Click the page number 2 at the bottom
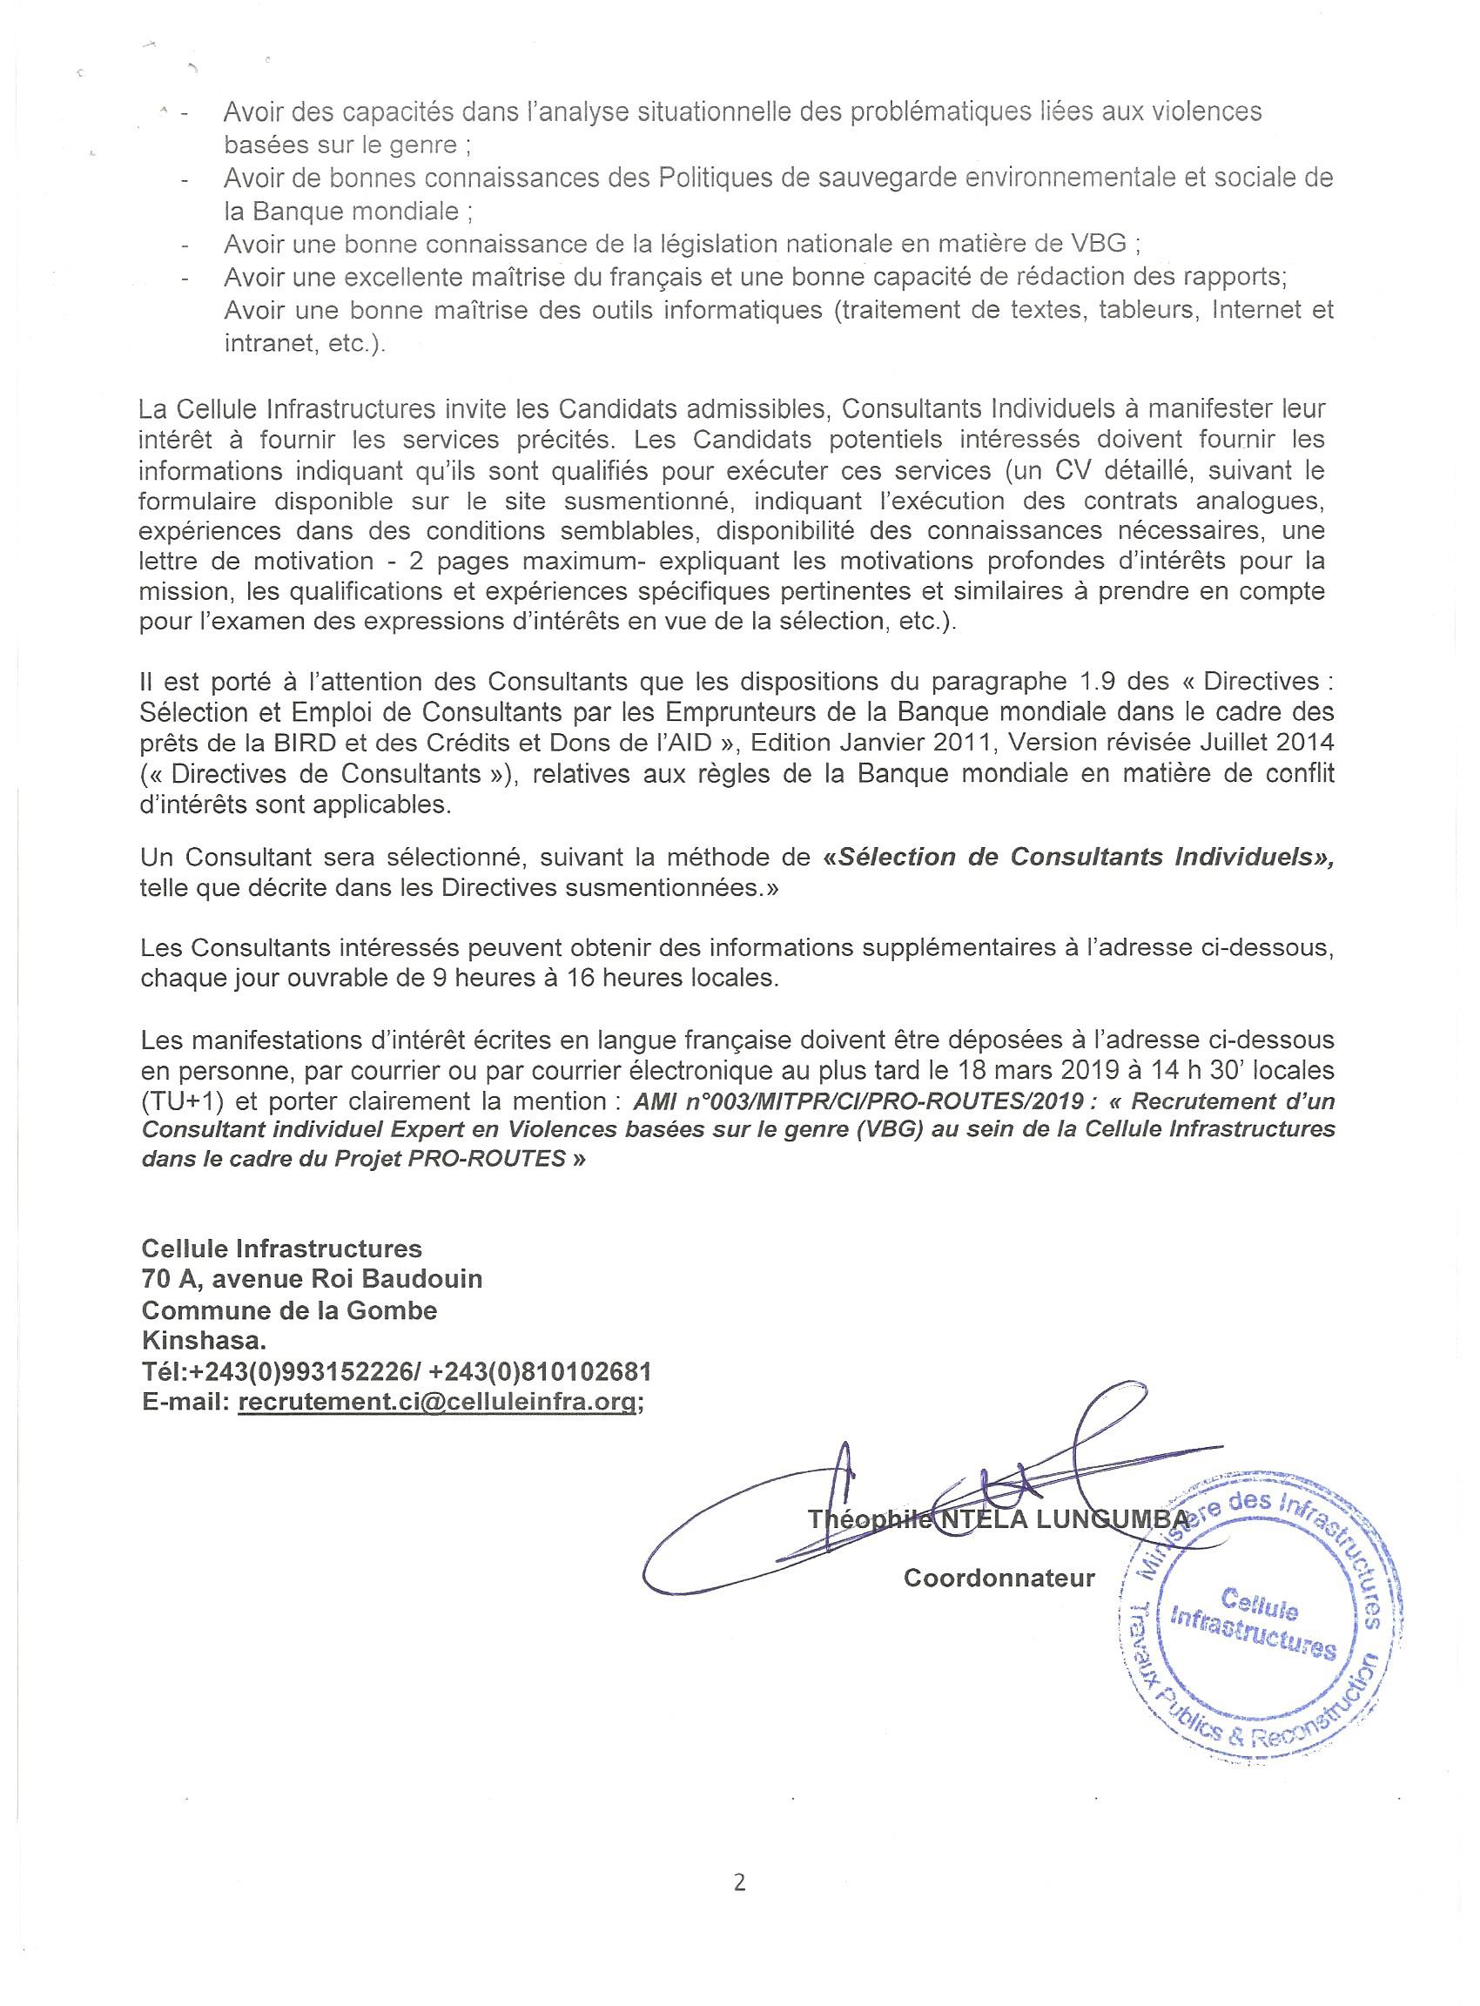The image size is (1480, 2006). [739, 1881]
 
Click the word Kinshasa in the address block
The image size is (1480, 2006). [204, 1341]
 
